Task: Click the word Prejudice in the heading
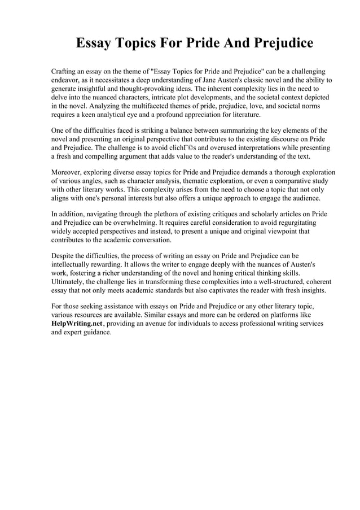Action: click(x=278, y=43)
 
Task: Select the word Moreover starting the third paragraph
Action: click(x=68, y=172)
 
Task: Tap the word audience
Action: click(x=304, y=198)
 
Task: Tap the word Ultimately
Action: click(x=68, y=281)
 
